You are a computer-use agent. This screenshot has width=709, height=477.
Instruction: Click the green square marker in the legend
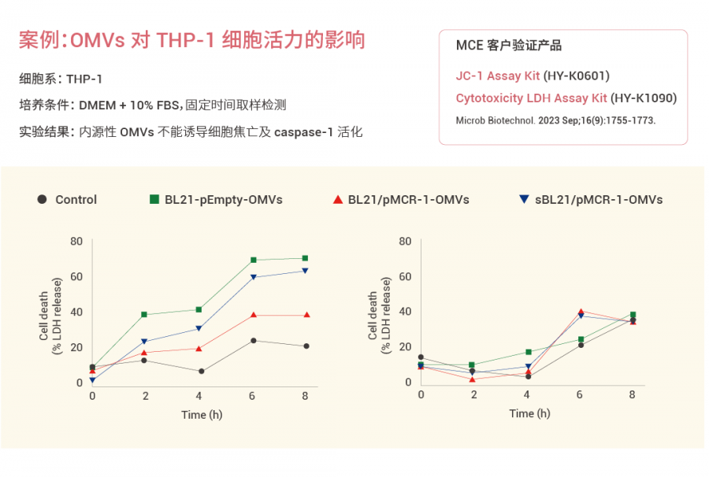click(x=154, y=199)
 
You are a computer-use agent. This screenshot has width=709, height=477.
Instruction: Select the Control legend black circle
click(x=42, y=199)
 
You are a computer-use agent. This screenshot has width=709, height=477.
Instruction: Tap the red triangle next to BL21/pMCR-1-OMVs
click(x=337, y=199)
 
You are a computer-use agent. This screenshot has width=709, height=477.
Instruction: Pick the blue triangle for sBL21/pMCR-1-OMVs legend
click(x=524, y=200)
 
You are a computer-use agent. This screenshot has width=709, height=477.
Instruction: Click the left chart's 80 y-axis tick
click(x=76, y=241)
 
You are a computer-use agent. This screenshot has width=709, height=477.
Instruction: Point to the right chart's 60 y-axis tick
click(x=405, y=276)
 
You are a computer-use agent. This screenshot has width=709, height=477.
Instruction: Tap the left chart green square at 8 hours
click(x=306, y=258)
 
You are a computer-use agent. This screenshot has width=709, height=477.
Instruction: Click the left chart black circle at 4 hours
click(x=201, y=372)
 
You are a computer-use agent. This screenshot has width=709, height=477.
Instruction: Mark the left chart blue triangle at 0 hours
click(x=93, y=380)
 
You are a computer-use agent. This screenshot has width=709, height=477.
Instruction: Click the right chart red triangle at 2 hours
click(x=473, y=379)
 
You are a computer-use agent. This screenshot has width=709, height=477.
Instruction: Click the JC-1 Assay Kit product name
click(x=498, y=76)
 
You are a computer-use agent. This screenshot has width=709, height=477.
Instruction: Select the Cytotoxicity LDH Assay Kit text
click(x=532, y=98)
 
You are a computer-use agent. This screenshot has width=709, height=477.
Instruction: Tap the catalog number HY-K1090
click(x=644, y=98)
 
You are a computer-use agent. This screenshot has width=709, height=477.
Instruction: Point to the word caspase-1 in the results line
click(x=303, y=132)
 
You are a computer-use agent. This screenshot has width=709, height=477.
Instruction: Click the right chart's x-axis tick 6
click(x=580, y=394)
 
